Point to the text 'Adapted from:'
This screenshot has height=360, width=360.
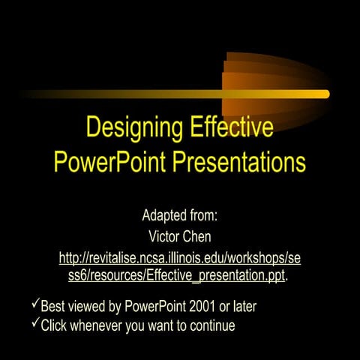coord(180,216)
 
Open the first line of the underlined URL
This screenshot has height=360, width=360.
coord(180,259)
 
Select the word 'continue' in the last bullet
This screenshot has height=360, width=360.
coord(211,325)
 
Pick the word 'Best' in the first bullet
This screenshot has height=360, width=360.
coord(53,307)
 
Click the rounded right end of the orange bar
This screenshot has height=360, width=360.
coord(325,94)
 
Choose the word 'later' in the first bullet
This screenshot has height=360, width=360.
coord(252,307)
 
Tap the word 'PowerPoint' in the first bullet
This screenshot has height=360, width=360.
coord(156,307)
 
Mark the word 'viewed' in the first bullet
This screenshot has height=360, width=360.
coord(88,307)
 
